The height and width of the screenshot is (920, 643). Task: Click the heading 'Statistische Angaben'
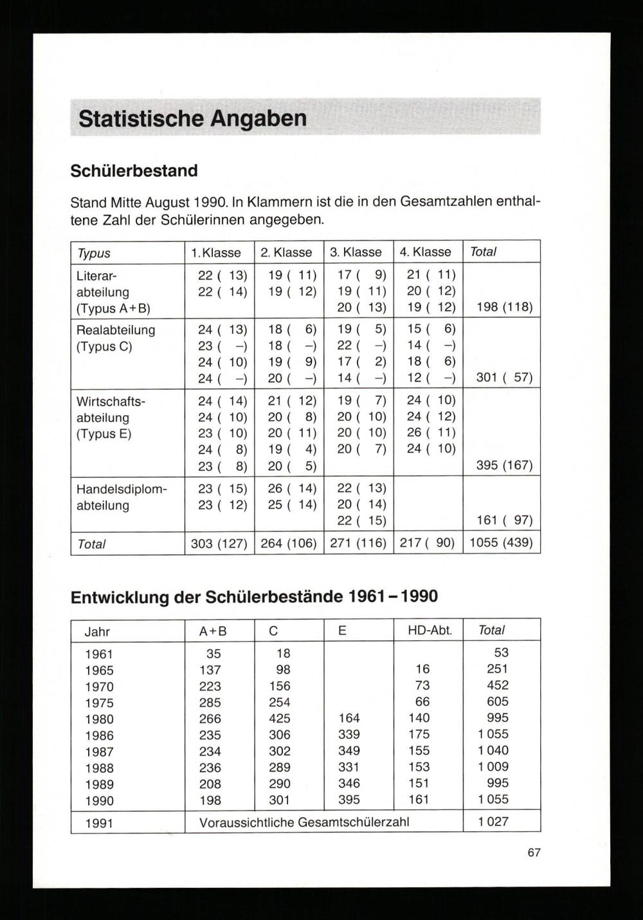[192, 119]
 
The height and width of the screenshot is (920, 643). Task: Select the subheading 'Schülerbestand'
[134, 171]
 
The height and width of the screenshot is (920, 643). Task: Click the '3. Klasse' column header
[356, 252]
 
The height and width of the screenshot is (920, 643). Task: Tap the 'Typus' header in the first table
[94, 253]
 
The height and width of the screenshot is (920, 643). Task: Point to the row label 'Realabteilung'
[116, 330]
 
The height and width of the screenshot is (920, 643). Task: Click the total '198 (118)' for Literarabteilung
[504, 307]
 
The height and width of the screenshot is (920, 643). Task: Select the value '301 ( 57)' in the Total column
[504, 377]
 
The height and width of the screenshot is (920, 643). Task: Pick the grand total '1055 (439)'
[501, 542]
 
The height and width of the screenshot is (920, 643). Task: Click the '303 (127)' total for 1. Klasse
[219, 544]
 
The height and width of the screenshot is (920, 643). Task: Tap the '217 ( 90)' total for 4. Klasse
[427, 543]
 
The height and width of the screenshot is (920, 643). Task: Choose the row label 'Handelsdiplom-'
[122, 489]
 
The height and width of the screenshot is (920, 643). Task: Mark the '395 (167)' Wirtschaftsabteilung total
[504, 465]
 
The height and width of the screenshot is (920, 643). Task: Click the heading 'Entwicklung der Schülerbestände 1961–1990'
[254, 597]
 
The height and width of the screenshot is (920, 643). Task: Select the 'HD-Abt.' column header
[430, 630]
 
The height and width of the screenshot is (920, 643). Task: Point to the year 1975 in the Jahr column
[99, 703]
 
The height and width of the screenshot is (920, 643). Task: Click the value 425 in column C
[280, 719]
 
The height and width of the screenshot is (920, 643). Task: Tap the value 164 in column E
[349, 718]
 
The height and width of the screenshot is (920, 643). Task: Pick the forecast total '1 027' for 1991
[493, 822]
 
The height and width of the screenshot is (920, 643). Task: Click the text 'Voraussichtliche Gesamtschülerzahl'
[304, 822]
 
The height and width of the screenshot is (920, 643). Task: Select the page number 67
[534, 852]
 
